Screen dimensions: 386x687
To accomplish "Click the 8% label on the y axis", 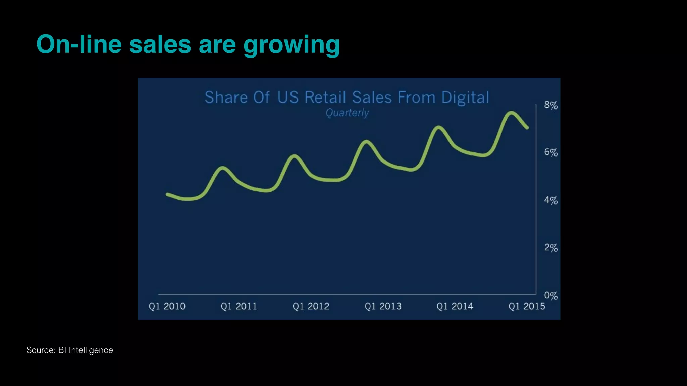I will click(550, 105).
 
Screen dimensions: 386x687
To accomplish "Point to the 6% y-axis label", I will click(550, 153).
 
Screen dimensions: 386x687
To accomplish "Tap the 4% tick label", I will click(550, 200).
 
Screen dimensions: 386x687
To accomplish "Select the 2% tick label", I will click(550, 248).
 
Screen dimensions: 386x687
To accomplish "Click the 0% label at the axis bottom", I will click(550, 296).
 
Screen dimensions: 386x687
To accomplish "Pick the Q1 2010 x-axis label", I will click(167, 306).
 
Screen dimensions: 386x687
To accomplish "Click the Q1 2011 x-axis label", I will click(239, 306).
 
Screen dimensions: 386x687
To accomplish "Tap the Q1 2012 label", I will click(311, 306).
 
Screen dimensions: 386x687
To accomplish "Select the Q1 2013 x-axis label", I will click(383, 306).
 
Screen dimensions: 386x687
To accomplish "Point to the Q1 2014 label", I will click(455, 306).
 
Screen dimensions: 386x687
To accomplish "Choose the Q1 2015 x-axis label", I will click(527, 306).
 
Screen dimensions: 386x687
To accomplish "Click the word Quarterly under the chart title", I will click(347, 113).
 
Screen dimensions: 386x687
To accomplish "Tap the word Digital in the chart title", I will click(465, 98).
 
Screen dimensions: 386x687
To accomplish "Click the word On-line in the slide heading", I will click(79, 44).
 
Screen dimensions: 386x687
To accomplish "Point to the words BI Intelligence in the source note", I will click(86, 350).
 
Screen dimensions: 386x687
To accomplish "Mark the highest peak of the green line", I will click(511, 113).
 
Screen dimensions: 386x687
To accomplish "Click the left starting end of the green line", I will click(167, 194).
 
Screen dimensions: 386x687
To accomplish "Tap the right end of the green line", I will click(527, 128).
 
